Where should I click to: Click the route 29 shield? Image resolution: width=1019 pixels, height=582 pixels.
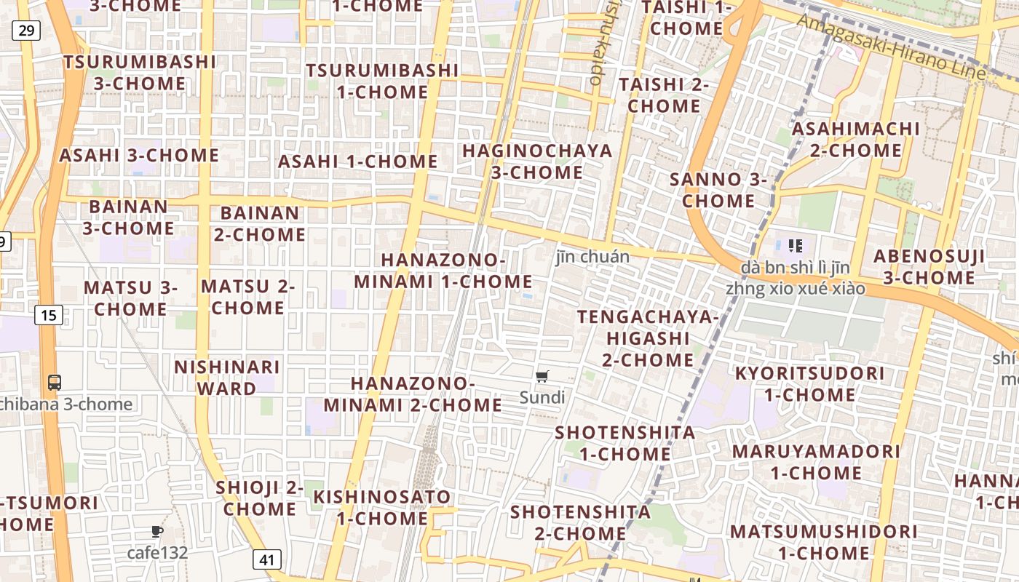(x=26, y=30)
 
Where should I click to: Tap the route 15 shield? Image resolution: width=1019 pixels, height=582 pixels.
(x=48, y=315)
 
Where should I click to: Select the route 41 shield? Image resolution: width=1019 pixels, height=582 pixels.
(x=267, y=559)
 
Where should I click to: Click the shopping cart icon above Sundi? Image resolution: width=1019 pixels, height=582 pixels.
(x=542, y=376)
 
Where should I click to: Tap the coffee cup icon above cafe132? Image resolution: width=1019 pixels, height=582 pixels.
(x=157, y=532)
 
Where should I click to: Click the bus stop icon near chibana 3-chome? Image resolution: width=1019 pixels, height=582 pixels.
(x=54, y=382)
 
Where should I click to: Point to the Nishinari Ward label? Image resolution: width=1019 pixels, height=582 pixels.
(x=226, y=377)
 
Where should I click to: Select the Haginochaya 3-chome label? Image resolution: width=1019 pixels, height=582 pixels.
(x=537, y=162)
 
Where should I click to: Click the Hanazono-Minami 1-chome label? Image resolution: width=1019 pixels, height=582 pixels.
(x=443, y=270)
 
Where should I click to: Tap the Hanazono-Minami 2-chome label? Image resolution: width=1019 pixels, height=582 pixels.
(x=413, y=394)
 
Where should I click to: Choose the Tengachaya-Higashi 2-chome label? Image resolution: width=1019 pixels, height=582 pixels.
(x=648, y=338)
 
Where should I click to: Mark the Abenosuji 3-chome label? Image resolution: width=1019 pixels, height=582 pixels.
(x=929, y=267)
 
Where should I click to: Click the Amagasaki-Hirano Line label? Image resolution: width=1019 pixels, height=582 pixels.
(x=891, y=47)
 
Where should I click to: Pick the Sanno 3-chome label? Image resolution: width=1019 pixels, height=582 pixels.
(x=718, y=189)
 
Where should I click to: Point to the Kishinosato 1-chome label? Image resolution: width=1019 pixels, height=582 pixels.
(x=382, y=507)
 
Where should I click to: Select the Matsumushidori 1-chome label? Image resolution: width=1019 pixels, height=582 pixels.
(x=824, y=542)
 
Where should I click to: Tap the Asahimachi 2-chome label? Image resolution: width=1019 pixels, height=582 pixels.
(x=856, y=140)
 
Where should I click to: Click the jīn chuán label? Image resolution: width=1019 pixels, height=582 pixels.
(x=592, y=256)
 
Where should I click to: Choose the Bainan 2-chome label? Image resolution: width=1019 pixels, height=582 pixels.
(x=259, y=223)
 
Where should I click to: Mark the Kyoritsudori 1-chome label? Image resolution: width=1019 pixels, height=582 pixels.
(x=809, y=383)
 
